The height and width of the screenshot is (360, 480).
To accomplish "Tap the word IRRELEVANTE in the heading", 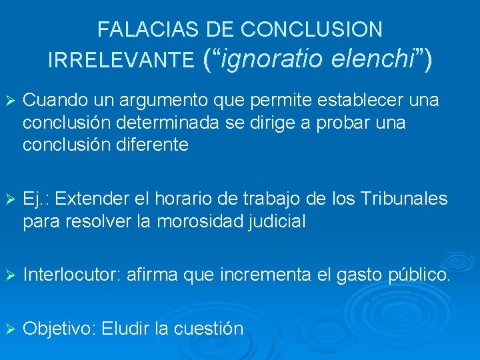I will click(121, 61).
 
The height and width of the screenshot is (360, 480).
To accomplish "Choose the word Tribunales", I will click(405, 199).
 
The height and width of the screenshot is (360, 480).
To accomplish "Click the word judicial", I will click(276, 221).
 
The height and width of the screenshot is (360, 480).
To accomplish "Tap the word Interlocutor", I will click(70, 273).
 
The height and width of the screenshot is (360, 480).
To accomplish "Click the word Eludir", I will click(127, 329).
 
